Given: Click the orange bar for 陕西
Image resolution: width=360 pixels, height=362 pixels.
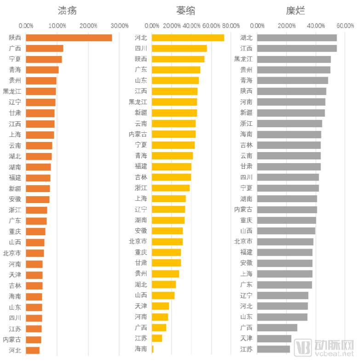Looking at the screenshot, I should pyautogui.click(x=69, y=38).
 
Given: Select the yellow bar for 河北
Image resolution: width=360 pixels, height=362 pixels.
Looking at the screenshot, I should pyautogui.click(x=188, y=38).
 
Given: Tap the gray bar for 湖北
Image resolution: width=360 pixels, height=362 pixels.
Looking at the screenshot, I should pyautogui.click(x=297, y=38).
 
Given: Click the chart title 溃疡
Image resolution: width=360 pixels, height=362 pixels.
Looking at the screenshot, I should pyautogui.click(x=67, y=10).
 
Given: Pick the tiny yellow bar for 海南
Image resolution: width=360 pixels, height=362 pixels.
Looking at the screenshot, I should pyautogui.click(x=153, y=349).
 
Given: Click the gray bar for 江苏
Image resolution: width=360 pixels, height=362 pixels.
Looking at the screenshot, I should pyautogui.click(x=274, y=349).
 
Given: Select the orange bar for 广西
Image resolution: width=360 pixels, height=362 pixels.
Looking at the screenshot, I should pyautogui.click(x=44, y=48).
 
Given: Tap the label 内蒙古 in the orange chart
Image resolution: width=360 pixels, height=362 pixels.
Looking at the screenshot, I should pyautogui.click(x=12, y=339).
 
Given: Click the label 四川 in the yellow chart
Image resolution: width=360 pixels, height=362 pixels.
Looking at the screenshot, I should pyautogui.click(x=141, y=48).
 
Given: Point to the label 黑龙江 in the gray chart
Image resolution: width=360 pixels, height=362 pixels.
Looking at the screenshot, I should pyautogui.click(x=243, y=59).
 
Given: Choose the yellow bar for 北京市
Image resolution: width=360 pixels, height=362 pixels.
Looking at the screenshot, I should pyautogui.click(x=167, y=242).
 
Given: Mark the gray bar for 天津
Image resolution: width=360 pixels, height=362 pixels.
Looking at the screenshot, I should pyautogui.click(x=274, y=338).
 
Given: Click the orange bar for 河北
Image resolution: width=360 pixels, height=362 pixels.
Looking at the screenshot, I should pyautogui.click(x=33, y=350).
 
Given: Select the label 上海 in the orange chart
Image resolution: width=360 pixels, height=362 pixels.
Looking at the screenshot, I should pyautogui.click(x=15, y=135).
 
